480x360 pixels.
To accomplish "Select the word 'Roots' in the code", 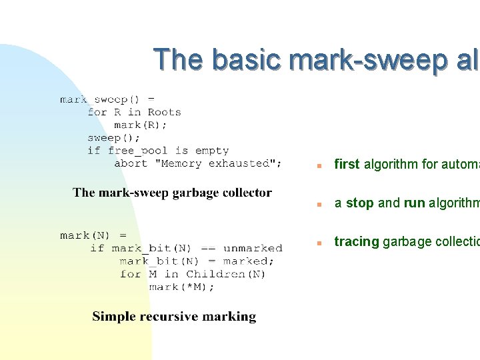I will click(x=164, y=112).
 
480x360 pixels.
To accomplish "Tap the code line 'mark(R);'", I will click(x=141, y=125).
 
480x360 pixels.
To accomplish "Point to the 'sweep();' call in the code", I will click(x=114, y=138).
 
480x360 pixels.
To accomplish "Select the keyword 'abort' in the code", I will click(x=131, y=163).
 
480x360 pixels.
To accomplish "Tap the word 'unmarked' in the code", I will click(x=253, y=249).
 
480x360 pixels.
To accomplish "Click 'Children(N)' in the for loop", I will click(x=226, y=274).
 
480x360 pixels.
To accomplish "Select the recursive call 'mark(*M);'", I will click(x=181, y=287).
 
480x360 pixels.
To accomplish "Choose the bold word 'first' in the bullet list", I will click(x=347, y=164).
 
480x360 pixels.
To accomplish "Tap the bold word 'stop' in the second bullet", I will click(x=360, y=203).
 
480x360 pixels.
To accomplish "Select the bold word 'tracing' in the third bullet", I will click(x=356, y=242).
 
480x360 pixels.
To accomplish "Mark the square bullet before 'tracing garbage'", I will click(x=321, y=243).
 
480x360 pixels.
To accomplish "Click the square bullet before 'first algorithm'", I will click(x=321, y=165).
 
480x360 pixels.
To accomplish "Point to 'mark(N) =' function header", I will click(x=93, y=235).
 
